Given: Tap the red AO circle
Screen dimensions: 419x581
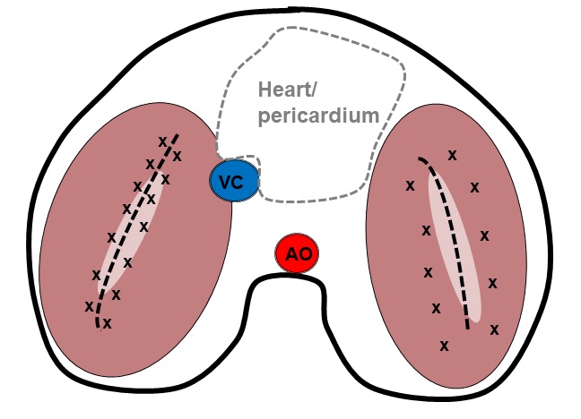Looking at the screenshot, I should (x=297, y=255).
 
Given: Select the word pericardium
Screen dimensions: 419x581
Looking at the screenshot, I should (x=317, y=115).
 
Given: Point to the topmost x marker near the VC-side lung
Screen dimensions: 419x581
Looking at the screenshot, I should (x=162, y=141).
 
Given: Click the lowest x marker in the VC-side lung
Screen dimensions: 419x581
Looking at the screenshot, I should (x=107, y=323).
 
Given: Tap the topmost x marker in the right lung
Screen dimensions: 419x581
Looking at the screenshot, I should (x=452, y=155).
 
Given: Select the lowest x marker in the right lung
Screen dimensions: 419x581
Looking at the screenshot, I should (x=443, y=345).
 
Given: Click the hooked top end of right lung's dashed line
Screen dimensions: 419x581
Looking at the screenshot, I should (x=421, y=160).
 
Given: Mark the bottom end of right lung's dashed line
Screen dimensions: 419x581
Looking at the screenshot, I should (x=467, y=328).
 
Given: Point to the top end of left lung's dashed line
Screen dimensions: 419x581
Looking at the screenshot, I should (x=177, y=136).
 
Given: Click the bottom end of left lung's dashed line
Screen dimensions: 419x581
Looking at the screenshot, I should (x=98, y=327).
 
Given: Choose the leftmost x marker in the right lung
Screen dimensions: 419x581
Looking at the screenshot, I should (x=410, y=186).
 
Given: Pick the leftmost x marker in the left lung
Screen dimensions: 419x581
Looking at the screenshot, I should (x=89, y=306).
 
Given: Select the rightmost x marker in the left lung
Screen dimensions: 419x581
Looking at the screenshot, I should (x=178, y=157).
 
